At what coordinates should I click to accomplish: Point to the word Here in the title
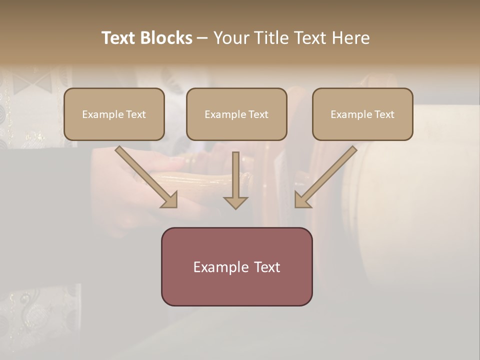(x=349, y=38)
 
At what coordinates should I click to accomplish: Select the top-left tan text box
(x=114, y=114)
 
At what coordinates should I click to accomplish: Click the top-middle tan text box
(x=236, y=114)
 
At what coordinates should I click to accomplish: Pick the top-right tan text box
(x=362, y=114)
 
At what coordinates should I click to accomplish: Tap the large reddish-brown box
(x=236, y=266)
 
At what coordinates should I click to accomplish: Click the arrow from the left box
(x=145, y=175)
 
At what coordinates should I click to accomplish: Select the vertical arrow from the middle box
(x=235, y=177)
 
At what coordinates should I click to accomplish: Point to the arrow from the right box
(x=327, y=175)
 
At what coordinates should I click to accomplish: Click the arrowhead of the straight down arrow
(x=235, y=202)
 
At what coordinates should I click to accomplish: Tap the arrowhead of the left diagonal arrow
(x=170, y=199)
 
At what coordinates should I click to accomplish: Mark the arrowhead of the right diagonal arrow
(x=302, y=199)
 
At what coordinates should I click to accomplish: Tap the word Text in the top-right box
(x=384, y=114)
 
